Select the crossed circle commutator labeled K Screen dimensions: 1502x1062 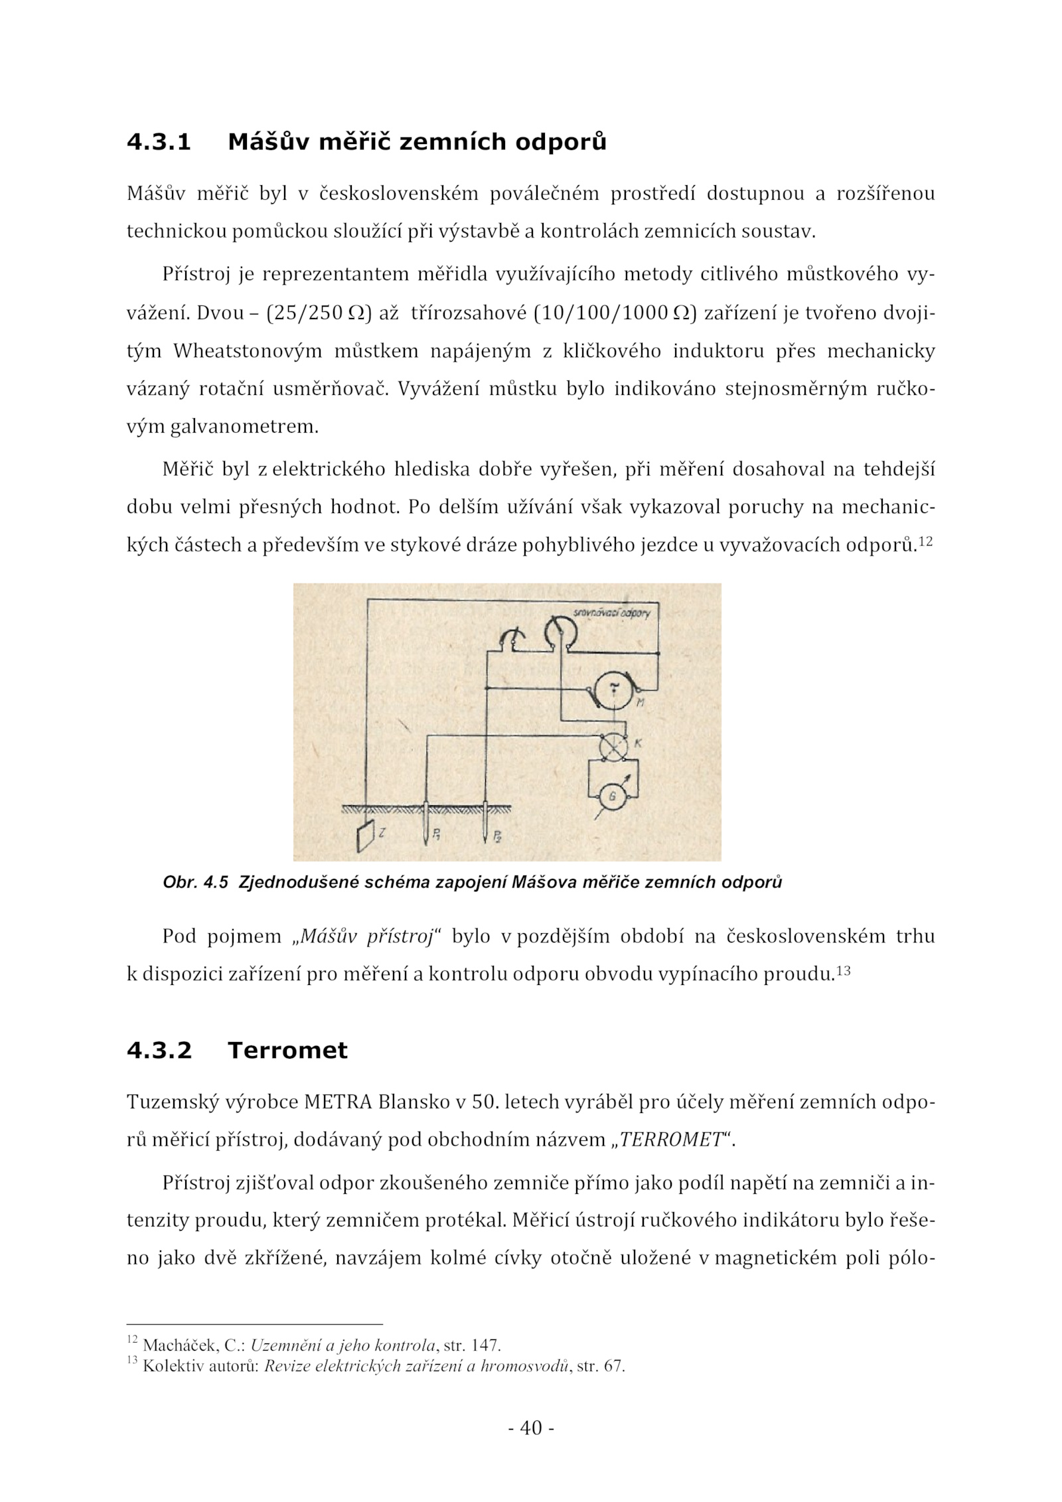tap(613, 747)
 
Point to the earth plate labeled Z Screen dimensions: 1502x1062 tap(364, 836)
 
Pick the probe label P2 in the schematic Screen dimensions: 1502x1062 tap(496, 836)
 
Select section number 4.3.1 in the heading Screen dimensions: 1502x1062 tap(159, 142)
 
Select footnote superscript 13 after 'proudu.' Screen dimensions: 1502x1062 tap(843, 971)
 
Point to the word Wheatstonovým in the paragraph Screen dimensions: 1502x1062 tap(247, 351)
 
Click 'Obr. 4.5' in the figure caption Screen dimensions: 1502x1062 tap(195, 882)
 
